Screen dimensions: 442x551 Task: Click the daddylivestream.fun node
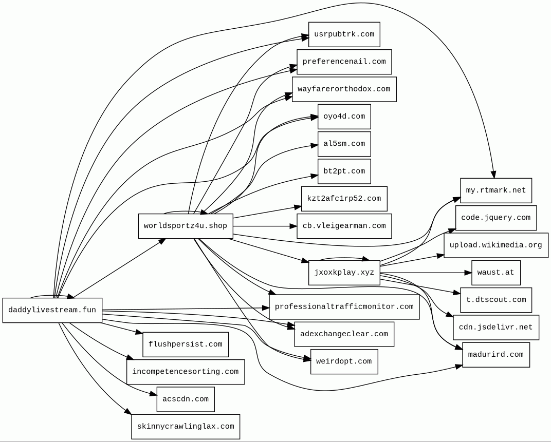tap(52, 310)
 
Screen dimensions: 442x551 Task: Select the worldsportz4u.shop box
tap(186, 226)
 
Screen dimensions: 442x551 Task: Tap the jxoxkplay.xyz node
tap(344, 272)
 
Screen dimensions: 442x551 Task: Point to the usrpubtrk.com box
tap(344, 34)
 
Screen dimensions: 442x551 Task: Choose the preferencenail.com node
tap(344, 62)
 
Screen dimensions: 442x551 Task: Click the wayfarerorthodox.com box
tap(344, 89)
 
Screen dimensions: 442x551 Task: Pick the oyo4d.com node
tap(344, 117)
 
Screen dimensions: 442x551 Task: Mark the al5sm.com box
tap(344, 144)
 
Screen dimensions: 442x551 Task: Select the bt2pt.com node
tap(344, 171)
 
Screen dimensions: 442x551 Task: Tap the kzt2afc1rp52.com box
tap(344, 199)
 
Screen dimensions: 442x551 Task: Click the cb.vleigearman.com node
tap(344, 226)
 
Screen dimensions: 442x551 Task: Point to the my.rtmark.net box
tap(496, 190)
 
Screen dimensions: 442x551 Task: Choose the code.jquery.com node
tap(496, 218)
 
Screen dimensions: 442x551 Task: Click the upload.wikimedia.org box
tap(496, 245)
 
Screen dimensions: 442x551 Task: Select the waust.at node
tap(496, 273)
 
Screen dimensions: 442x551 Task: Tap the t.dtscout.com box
tap(496, 300)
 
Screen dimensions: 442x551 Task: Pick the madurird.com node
tap(496, 355)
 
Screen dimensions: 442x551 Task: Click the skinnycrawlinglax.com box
tap(186, 427)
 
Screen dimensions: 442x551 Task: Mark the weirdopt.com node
tap(344, 361)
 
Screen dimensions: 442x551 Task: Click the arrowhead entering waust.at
tap(468, 273)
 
